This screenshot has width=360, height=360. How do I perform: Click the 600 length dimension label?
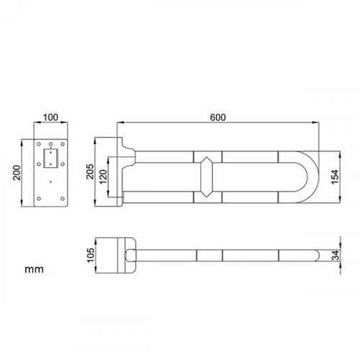[218, 117]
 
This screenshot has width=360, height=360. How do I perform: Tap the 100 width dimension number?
[50, 117]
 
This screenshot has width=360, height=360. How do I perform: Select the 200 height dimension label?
[17, 173]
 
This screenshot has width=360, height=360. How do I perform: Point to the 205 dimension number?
[91, 171]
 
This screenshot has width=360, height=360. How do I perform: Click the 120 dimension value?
[104, 176]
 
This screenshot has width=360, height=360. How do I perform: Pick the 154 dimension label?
[335, 177]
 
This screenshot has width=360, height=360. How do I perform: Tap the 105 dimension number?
[91, 255]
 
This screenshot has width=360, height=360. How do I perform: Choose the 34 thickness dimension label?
[336, 255]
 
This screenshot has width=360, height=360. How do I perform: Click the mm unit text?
[34, 269]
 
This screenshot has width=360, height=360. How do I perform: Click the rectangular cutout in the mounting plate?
[50, 158]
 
